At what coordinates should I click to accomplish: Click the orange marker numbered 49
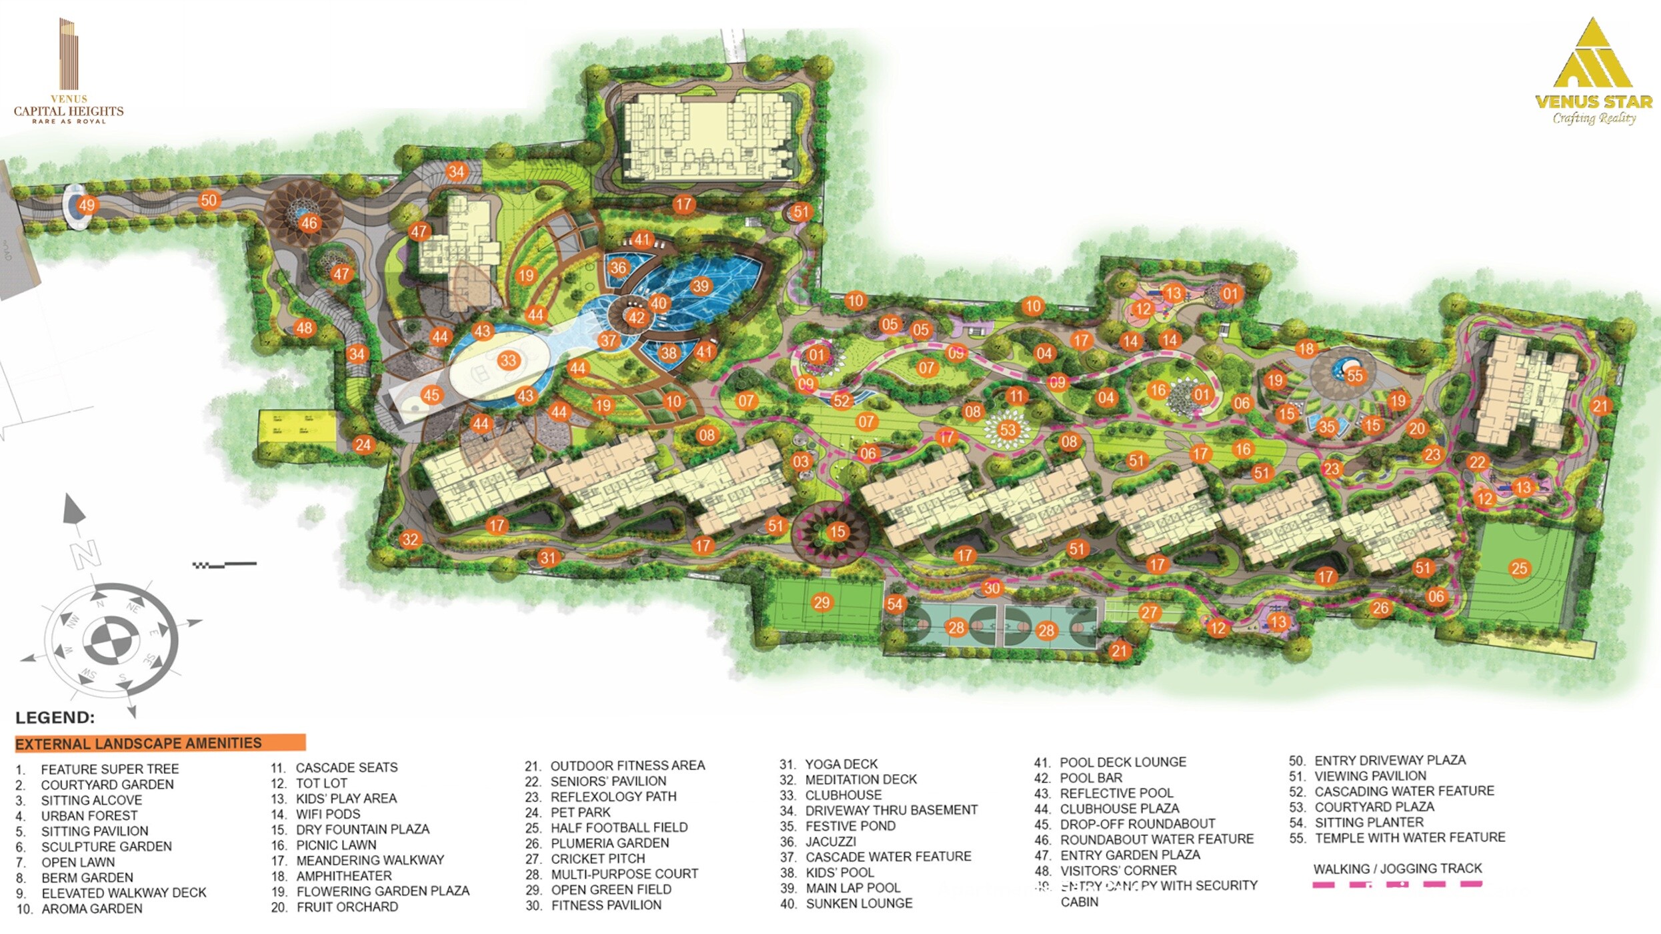pos(87,205)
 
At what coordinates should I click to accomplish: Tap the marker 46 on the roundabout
pos(309,223)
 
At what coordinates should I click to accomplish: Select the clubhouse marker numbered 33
pos(508,361)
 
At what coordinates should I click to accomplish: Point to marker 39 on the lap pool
pos(700,286)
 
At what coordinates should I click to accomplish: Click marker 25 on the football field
pos(1519,568)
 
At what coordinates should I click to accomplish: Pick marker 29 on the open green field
pos(821,602)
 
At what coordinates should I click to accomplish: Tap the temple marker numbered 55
pos(1354,376)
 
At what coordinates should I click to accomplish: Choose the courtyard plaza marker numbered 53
pos(1008,430)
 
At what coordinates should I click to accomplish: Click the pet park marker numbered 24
pos(363,445)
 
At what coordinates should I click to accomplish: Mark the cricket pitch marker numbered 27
pos(1149,612)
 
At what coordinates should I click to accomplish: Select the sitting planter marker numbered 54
pos(894,604)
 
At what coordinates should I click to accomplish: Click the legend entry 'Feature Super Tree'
pos(109,769)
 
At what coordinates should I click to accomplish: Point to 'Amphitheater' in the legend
pos(343,876)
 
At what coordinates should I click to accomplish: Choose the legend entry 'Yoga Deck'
pos(841,765)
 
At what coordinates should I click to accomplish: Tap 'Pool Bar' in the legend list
pos(1090,778)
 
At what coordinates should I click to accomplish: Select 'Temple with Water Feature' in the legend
pos(1409,838)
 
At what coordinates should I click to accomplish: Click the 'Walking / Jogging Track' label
pos(1397,869)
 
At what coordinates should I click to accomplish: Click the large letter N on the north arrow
pos(85,554)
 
